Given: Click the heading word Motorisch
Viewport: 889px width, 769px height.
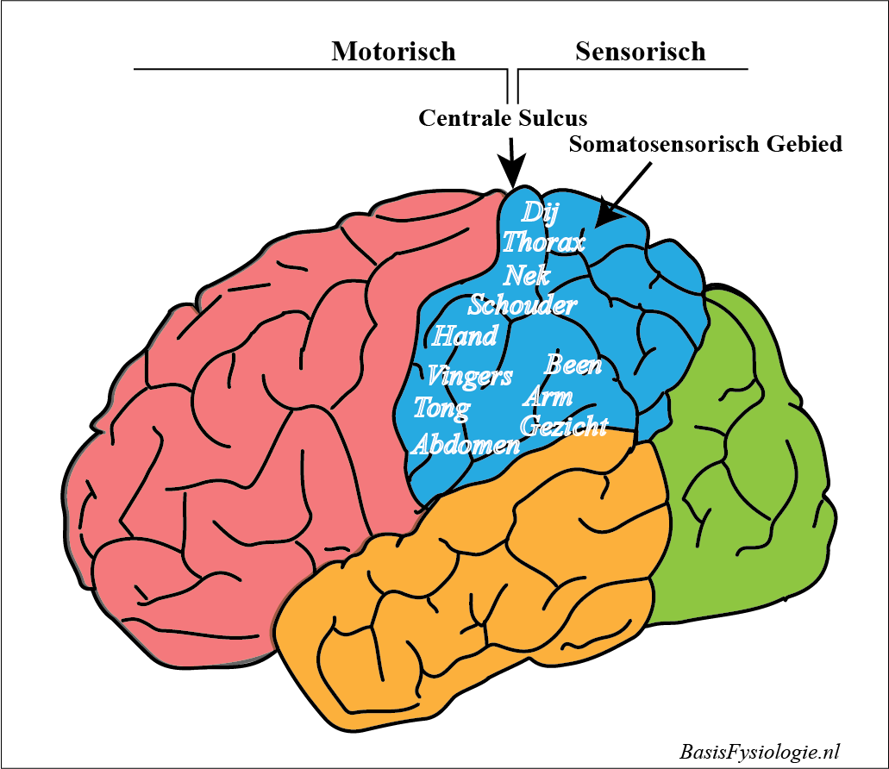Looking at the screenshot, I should point(393,52).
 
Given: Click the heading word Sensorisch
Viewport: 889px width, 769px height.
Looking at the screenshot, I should point(640,52).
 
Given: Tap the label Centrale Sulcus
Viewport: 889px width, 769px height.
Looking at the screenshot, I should point(503,117).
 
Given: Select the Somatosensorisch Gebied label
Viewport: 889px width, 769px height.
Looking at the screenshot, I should point(705,144).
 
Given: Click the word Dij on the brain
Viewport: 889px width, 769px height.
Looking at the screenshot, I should point(541,212).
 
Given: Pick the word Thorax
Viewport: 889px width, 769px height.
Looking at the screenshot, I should point(543,242).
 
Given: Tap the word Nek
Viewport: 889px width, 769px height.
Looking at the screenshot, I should point(526,275).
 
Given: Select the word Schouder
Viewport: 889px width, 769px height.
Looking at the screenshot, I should point(522,304).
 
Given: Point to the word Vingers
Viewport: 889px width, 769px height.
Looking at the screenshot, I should point(469,376).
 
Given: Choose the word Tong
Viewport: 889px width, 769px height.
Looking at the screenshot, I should point(441,407).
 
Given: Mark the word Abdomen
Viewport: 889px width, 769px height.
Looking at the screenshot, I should point(466,444).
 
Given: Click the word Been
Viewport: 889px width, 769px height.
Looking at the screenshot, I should point(573,365).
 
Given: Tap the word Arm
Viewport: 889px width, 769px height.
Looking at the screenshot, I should point(548,397).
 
